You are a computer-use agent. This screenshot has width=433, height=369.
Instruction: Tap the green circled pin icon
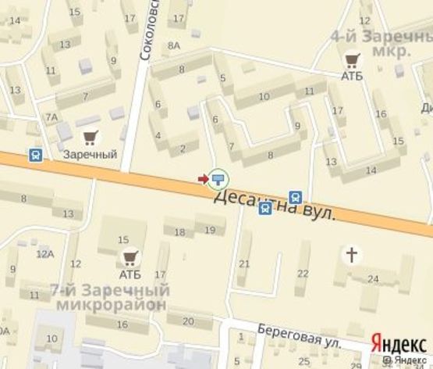click(218, 178)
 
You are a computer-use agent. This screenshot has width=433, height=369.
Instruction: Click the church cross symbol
click(353, 254)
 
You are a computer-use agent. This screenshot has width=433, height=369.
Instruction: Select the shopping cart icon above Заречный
click(90, 138)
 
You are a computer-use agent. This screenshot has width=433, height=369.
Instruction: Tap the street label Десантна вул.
click(274, 204)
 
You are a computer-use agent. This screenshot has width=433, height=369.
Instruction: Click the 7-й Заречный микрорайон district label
click(108, 297)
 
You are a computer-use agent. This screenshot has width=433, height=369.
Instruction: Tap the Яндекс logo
click(400, 343)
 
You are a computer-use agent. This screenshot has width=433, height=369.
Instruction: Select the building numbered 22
click(302, 272)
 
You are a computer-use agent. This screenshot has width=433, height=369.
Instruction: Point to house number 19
click(209, 229)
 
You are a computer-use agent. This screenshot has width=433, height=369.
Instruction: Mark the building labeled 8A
click(173, 46)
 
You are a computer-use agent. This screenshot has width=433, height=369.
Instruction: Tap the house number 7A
click(51, 117)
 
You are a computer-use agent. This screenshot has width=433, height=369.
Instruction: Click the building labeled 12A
click(44, 253)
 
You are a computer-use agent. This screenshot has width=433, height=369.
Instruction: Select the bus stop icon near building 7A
click(36, 154)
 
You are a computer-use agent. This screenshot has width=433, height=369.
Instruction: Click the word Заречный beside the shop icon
click(91, 155)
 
